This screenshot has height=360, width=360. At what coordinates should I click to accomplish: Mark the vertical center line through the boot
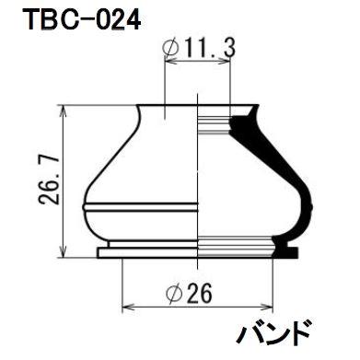click(199, 175)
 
